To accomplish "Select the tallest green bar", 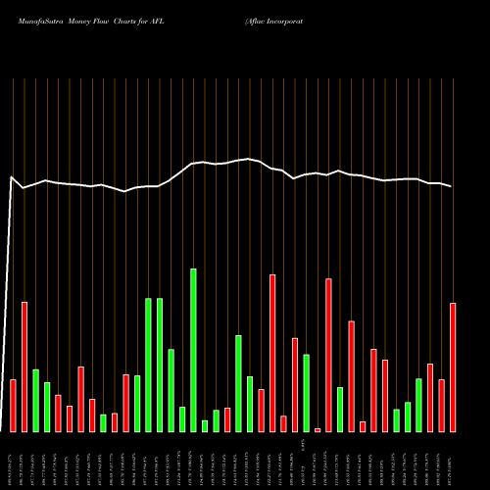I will coord(193,350).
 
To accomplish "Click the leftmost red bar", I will coord(13,405).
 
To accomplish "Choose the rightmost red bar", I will coord(453,367).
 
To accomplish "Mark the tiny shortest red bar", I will coord(318,429).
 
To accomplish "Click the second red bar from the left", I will coord(24,367).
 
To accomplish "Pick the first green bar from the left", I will coord(35,400).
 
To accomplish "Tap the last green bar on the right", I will coord(418,405).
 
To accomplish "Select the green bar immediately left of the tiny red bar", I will coord(306,392).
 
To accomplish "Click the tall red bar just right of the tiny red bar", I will coord(328,355).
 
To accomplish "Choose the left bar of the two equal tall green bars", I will coord(148,365).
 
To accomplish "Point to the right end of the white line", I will coord(452,186).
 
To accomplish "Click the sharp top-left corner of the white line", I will coord(11,177).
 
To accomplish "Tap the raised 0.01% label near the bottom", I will coord(305,446).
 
